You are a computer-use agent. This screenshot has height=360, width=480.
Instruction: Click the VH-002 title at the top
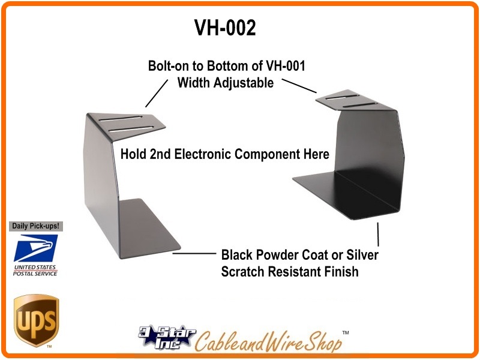225,28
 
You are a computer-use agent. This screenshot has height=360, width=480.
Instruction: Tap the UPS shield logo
36,320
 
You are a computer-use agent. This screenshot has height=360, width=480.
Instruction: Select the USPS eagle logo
35,248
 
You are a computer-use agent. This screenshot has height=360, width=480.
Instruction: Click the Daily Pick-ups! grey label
35,226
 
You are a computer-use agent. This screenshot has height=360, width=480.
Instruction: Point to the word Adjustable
244,83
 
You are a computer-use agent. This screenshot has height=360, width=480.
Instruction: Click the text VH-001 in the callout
286,66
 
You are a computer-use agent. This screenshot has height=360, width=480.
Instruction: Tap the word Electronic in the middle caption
202,154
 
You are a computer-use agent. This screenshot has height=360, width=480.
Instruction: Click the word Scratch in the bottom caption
243,272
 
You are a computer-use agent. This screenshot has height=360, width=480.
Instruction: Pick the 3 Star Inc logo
167,337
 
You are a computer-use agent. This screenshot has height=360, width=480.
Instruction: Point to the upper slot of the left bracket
121,118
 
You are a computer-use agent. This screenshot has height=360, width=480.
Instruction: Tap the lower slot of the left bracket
131,129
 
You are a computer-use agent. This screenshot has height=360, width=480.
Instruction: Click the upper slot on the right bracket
342,97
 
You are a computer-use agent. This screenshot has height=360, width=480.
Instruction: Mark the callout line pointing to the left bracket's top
157,94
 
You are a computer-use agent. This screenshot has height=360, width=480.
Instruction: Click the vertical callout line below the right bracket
378,234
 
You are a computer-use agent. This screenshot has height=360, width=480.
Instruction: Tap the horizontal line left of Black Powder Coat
194,253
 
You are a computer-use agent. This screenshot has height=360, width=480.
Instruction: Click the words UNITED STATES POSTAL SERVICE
35,271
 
